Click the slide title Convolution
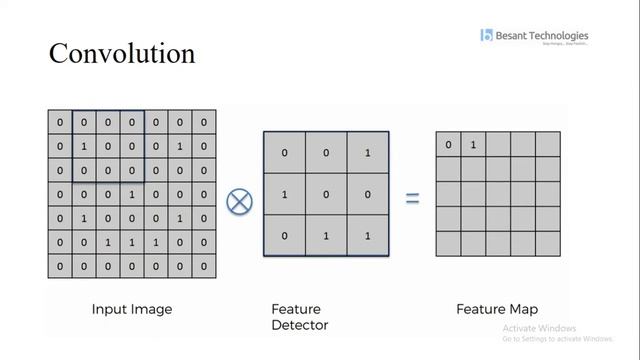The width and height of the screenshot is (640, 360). coord(122,53)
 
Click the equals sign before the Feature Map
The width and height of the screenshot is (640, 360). coord(411,199)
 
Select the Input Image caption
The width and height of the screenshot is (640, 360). coord(131,310)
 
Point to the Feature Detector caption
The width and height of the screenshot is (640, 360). coord(300,317)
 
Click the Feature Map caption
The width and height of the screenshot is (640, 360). coord(497,310)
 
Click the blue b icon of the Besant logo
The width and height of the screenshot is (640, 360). coord(487,37)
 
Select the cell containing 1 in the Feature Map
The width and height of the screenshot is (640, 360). coord(473,146)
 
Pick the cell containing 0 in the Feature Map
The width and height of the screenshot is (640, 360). coord(448,146)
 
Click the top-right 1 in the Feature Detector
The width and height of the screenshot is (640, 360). coord(367,153)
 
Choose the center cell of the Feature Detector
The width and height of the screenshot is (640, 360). coord(326,196)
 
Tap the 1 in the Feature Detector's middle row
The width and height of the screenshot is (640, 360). coord(285,196)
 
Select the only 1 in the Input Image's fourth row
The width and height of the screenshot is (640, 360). coord(132,195)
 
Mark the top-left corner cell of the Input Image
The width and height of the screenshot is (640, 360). coord(60,123)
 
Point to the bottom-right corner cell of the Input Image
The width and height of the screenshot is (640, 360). coord(204,267)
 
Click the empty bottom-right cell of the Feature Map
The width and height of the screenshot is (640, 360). coord(547,243)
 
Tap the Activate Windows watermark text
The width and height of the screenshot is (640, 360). coord(540,329)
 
